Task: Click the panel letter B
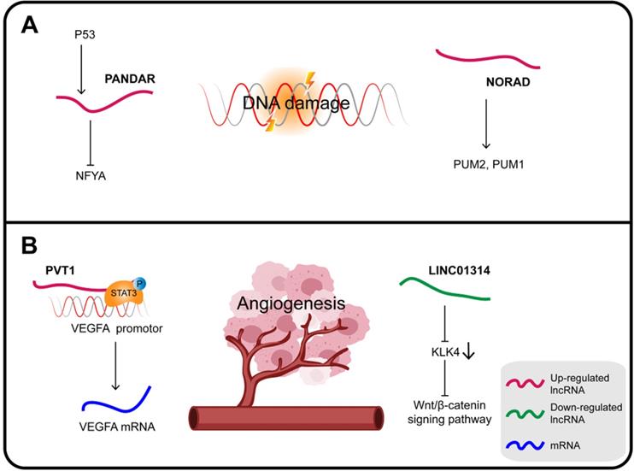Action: coord(28,249)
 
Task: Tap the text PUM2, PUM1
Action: coord(487,162)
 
